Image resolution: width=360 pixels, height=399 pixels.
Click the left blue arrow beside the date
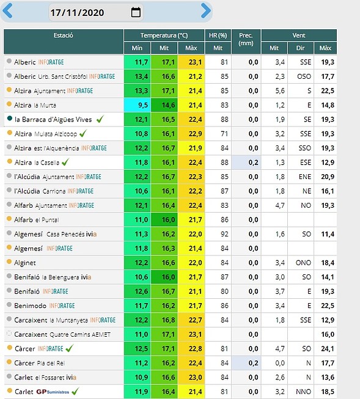click(7, 11)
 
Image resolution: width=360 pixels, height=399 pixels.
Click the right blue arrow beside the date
click(206, 10)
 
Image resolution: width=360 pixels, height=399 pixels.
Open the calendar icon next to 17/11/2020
click(136, 12)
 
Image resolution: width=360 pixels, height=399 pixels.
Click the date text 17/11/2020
click(77, 12)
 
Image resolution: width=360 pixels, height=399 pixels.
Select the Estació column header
click(64, 35)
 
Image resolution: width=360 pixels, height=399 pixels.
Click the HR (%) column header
click(218, 35)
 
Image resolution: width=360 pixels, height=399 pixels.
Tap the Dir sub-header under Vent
click(301, 48)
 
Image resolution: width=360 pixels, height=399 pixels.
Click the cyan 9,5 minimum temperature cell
click(138, 105)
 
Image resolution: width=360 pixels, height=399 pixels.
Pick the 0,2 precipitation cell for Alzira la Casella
click(246, 163)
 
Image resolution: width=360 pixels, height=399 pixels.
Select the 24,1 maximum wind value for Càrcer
click(328, 349)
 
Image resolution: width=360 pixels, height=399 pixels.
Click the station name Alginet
click(25, 263)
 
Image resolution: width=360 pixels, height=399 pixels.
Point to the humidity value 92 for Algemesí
click(224, 234)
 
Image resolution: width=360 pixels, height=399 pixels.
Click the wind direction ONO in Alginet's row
click(303, 263)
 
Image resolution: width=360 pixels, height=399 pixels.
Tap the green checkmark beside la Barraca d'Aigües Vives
click(100, 119)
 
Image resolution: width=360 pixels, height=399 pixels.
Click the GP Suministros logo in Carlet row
click(53, 392)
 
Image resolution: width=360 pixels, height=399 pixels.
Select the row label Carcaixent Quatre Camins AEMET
click(62, 334)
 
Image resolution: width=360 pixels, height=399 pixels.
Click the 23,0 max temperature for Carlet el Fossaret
click(195, 378)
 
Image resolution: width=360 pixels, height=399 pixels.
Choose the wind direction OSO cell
click(304, 76)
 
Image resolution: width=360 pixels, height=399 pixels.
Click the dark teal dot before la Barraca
click(10, 119)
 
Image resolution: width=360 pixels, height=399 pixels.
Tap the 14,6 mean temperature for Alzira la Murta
click(168, 105)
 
